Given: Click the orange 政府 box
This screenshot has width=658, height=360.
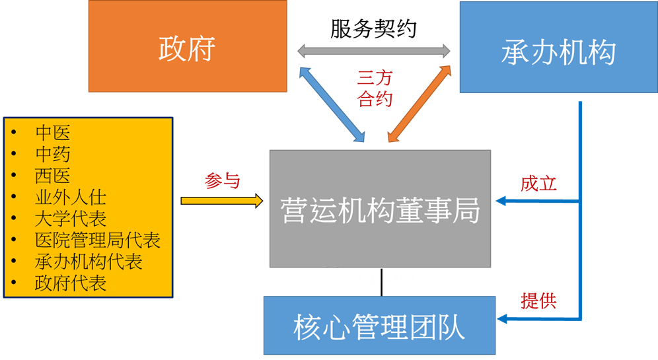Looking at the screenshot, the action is pos(188,46).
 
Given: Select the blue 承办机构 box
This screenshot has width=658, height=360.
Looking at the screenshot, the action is pos(558,47).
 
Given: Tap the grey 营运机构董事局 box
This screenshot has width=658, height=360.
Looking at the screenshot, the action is pos(380,209).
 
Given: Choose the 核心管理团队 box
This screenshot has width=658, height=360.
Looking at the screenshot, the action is pos(379,326).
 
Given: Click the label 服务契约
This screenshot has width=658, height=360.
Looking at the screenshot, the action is pos(373,29).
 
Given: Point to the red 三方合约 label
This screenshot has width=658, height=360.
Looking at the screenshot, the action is pos(375,89).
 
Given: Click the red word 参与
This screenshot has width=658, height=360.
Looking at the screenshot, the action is pos(222,181).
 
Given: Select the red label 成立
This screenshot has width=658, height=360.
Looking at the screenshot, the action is pos(538,184).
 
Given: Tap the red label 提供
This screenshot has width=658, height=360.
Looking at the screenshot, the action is pos(538,301).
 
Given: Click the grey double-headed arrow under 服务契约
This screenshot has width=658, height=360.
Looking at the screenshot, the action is pos(374,51).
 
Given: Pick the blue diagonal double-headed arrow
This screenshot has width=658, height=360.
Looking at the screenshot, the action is pos(332,104).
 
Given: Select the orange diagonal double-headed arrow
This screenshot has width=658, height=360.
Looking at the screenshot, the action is pos(420,104).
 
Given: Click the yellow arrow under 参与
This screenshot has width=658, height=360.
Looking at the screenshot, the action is pos(222,201).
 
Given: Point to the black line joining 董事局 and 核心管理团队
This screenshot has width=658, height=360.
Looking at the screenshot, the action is pos(381,282).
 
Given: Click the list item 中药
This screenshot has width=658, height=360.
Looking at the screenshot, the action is pos(52,154).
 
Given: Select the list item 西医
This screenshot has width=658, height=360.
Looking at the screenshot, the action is pos(52,176).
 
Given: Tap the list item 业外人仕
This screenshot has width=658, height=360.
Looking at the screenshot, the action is pos(71,198).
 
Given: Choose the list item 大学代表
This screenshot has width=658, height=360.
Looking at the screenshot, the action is pos(71,219).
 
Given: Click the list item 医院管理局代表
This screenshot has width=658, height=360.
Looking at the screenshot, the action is pos(97,240).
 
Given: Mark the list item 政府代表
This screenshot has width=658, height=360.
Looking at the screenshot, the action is pos(71,283).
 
